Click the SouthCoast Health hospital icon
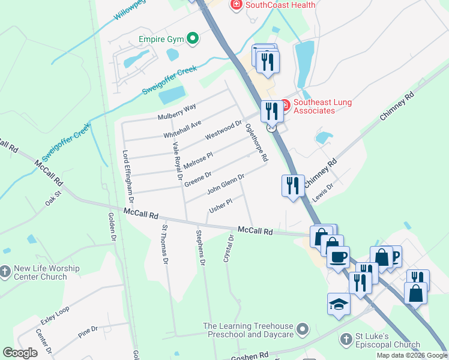[237, 5]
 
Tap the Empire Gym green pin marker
[192, 40]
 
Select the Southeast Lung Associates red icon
[285, 106]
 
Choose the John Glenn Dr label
[225, 184]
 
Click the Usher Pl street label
[220, 206]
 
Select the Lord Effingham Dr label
[128, 175]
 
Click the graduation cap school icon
[339, 305]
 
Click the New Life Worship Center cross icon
[5, 272]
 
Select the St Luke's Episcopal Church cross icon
[345, 340]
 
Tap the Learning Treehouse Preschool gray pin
[303, 329]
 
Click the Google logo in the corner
[20, 353]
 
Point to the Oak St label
[53, 199]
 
